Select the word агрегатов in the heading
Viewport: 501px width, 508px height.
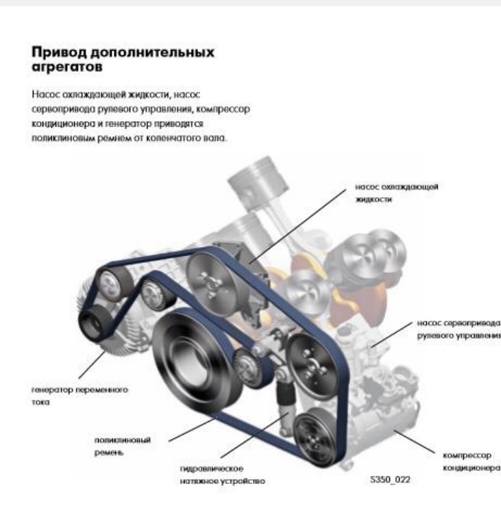67,67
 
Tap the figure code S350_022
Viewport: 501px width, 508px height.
390,479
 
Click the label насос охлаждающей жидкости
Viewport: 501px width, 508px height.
397,193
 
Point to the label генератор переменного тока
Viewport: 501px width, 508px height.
80,396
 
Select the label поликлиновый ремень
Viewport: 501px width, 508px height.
123,446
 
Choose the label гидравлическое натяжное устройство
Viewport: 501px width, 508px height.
223,474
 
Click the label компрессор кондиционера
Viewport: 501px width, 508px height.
472,461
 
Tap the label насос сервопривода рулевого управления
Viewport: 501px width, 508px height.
459,329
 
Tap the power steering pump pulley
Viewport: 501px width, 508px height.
310,366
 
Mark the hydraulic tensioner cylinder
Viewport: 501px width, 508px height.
286,394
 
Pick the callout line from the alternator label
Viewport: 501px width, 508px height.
92,364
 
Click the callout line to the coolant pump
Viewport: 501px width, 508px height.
297,227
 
